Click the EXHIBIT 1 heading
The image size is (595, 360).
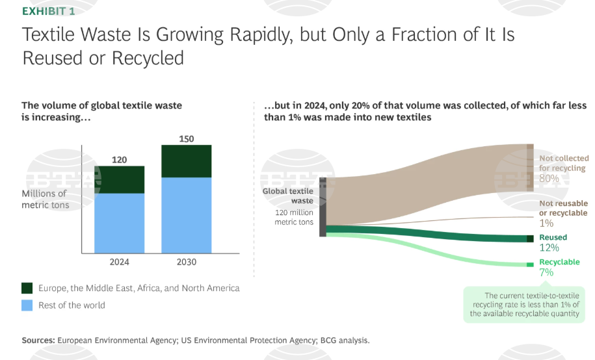(49, 12)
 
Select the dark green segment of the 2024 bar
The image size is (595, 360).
(119, 180)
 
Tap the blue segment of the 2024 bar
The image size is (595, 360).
(119, 223)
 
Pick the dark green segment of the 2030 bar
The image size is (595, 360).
(187, 161)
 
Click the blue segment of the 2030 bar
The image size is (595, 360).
(187, 215)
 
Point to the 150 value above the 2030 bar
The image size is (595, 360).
(187, 139)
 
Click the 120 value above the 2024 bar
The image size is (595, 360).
(119, 160)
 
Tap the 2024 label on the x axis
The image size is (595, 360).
(119, 262)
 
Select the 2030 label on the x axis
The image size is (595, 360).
(187, 262)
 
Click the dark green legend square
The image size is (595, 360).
(27, 288)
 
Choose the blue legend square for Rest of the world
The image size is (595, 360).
(27, 305)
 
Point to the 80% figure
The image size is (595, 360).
(549, 178)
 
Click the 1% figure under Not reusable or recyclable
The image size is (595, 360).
(546, 223)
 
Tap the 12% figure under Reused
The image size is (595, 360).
(549, 248)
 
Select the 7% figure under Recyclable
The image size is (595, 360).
(546, 272)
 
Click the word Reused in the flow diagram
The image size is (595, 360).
(553, 237)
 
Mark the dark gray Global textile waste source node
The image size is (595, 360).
(323, 207)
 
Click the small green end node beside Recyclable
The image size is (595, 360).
(530, 264)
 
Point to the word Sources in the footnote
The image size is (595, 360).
(38, 341)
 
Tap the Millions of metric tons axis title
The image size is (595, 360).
(45, 199)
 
